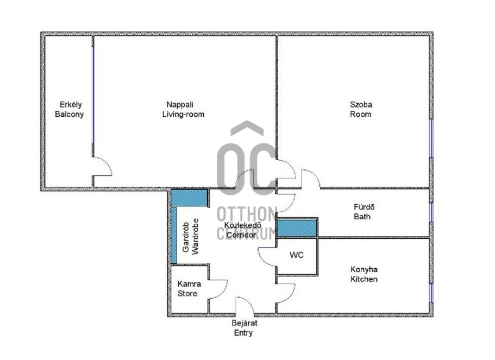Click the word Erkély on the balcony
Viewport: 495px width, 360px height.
point(71,104)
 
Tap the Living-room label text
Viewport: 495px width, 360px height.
point(183,114)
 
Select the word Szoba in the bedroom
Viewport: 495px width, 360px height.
point(361,104)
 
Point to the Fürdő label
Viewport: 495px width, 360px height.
point(364,207)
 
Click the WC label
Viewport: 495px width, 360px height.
point(297,255)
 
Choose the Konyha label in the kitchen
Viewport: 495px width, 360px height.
point(364,269)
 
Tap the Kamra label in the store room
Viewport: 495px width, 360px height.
point(189,283)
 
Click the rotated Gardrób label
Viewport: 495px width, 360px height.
point(186,237)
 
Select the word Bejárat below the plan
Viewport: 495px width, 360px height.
point(245,323)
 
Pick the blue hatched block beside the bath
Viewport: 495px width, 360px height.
point(297,228)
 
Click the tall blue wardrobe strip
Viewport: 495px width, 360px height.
point(174,235)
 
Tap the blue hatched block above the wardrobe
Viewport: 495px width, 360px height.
point(189,198)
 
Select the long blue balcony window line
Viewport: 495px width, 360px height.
point(93,95)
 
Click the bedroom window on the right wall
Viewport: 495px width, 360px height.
point(431,138)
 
